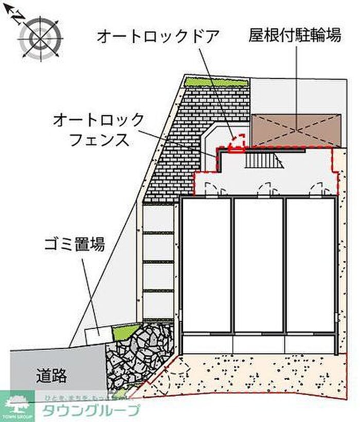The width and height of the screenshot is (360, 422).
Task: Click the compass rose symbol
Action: tap(40, 38)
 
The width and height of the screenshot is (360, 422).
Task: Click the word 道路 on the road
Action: tap(51, 376)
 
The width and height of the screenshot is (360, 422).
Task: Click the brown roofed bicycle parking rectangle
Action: tap(296, 130)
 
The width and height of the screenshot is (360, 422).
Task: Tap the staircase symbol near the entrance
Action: tap(264, 160)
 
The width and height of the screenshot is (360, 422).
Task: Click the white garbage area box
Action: tap(98, 333)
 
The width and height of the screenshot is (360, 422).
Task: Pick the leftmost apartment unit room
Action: tap(206, 265)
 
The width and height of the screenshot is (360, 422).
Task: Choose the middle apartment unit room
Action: tap(258, 265)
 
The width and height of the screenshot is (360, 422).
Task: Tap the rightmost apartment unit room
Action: tap(311, 265)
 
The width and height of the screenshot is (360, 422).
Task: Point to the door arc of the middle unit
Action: tap(265, 188)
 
